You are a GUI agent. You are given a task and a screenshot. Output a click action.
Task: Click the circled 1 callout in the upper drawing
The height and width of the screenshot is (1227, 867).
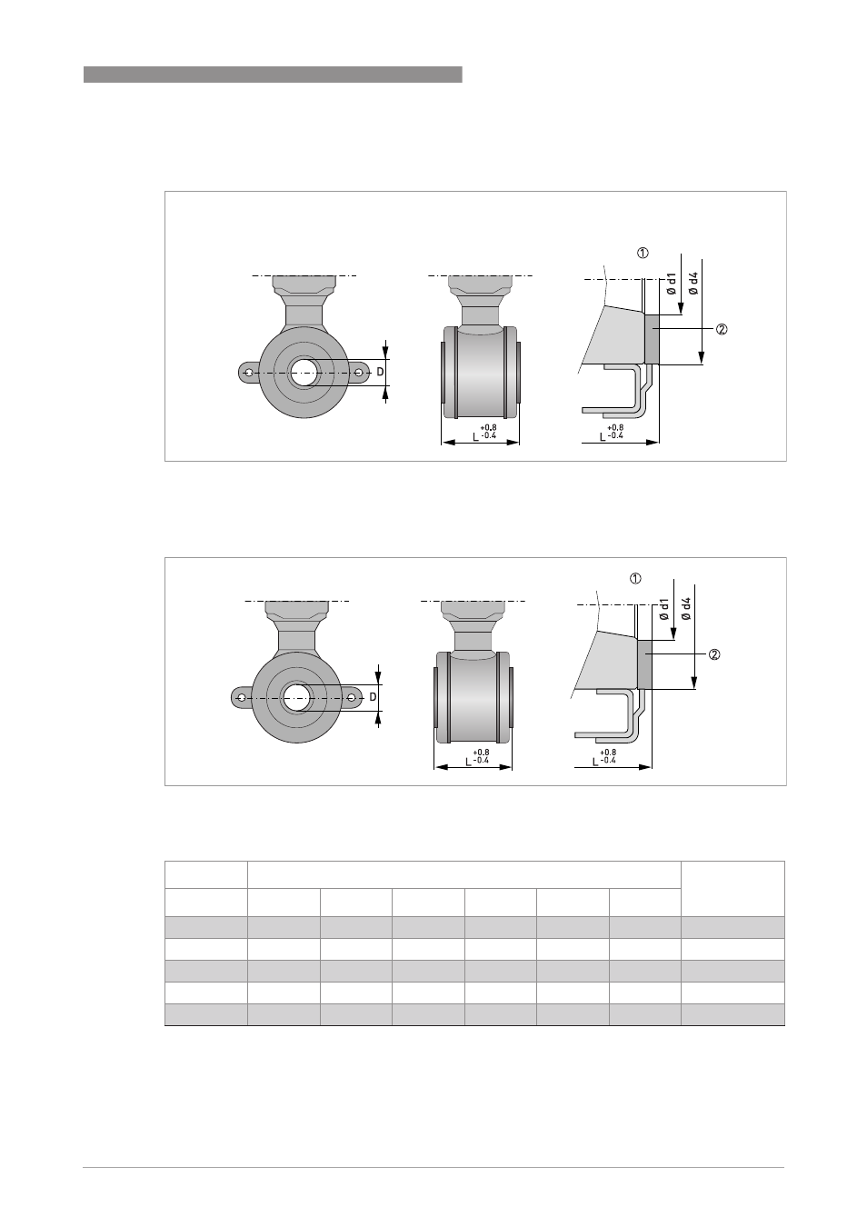tap(643, 253)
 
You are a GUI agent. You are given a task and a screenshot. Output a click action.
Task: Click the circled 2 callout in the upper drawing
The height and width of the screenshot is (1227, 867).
tap(722, 329)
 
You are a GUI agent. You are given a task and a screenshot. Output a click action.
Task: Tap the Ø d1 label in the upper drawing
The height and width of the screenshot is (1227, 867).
tap(672, 284)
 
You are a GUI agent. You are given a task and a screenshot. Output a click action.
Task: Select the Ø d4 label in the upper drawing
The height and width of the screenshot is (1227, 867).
tap(693, 284)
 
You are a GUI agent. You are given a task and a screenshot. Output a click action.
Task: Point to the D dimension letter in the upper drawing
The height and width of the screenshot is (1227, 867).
tap(380, 373)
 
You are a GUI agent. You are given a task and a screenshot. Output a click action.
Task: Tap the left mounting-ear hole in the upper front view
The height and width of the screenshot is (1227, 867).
tap(249, 373)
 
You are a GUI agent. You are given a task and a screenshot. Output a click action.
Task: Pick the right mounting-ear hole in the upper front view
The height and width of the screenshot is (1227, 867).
tap(359, 373)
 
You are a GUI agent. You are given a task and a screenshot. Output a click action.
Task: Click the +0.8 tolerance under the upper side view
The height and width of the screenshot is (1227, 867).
tap(489, 428)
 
